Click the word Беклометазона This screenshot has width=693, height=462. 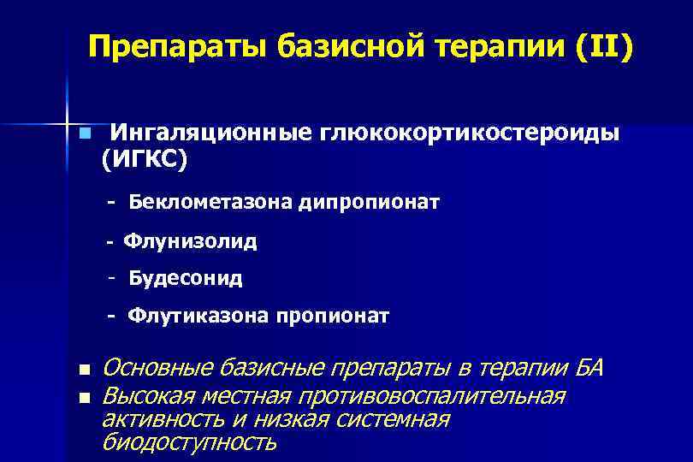pos(212,202)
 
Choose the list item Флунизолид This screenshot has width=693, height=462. pos(189,241)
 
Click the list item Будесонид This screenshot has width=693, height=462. pos(186,278)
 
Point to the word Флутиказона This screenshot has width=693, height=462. pos(198,317)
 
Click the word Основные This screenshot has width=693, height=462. pos(157,369)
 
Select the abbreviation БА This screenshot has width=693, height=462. pos(588,369)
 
